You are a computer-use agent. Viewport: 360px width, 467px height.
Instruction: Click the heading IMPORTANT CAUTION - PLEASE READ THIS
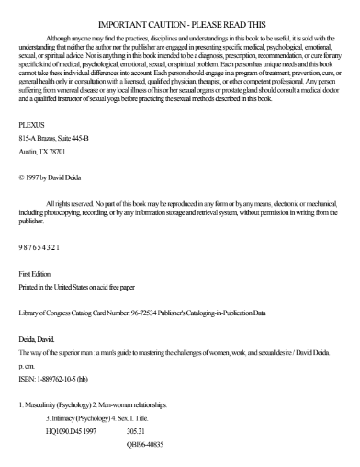pos(180,11)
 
